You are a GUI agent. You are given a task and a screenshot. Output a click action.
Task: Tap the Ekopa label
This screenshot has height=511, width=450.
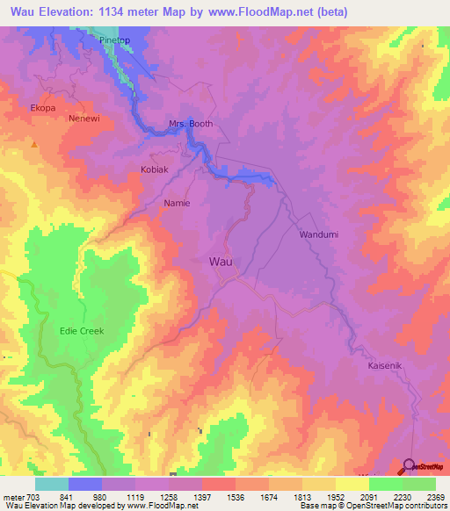[43, 108]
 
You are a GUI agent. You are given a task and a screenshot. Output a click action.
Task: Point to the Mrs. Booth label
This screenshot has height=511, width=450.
[191, 124]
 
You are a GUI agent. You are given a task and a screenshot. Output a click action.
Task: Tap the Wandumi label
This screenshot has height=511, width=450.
[319, 235]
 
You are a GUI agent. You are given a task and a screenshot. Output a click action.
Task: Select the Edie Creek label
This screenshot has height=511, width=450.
[81, 331]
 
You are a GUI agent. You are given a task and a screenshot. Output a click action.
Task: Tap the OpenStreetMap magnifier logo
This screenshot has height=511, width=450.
[409, 466]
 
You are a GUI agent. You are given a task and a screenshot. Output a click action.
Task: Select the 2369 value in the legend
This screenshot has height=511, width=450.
[435, 496]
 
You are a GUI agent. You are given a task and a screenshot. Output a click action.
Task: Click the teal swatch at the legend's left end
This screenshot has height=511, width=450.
[52, 484]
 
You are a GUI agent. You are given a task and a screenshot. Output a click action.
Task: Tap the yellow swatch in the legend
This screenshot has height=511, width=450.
[352, 484]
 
